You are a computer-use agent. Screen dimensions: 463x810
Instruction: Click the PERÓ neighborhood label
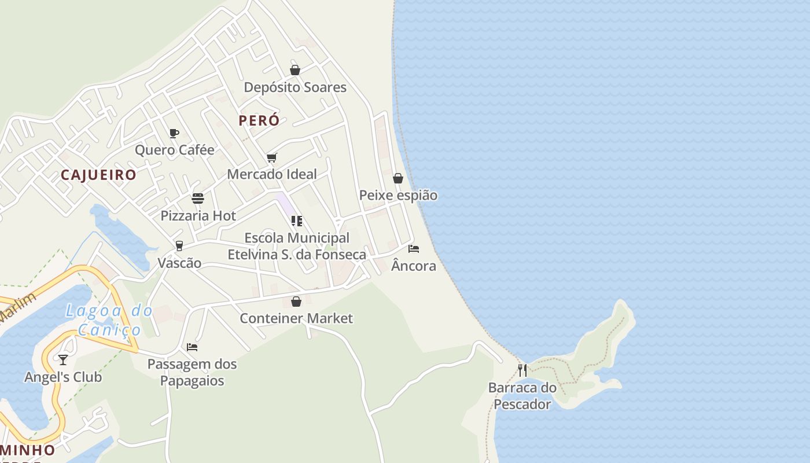coord(259,120)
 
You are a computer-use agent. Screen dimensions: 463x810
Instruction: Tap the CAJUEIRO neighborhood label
coord(98,175)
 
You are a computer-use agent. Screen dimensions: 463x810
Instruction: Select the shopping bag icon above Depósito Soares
coord(295,70)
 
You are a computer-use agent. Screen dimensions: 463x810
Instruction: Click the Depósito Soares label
coord(295,87)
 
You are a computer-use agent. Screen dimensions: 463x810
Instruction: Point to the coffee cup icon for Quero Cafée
coord(174,134)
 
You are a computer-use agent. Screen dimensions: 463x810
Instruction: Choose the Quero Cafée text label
coord(175,150)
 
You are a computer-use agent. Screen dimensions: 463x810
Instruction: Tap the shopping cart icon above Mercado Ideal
coord(272,157)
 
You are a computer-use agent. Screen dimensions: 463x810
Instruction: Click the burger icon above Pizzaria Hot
coord(198,199)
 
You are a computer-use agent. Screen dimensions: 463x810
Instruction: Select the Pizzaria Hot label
coord(198,216)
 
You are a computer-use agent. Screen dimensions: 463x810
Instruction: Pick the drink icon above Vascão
coord(179,246)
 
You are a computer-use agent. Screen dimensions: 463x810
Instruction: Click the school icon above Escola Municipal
coord(297,221)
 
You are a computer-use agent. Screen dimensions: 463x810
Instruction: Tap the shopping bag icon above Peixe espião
coord(398,178)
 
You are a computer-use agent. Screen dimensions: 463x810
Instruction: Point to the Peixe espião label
coord(398,196)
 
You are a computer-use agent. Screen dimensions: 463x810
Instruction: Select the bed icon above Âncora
coord(414,249)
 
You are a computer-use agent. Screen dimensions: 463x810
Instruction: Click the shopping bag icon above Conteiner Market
coord(296,302)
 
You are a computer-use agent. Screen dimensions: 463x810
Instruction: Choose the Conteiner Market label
coord(296,318)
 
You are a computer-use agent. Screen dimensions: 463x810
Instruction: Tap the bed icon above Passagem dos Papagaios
coord(192,347)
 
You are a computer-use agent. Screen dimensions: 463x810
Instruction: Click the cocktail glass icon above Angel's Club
coord(63,360)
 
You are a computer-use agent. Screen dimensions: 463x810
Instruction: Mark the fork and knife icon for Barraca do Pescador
coord(522,370)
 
